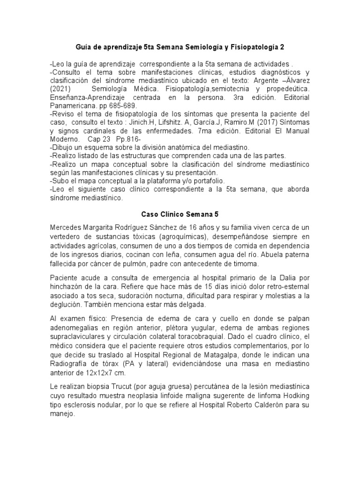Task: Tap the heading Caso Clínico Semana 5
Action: click(180, 214)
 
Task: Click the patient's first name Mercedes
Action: click(67, 227)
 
